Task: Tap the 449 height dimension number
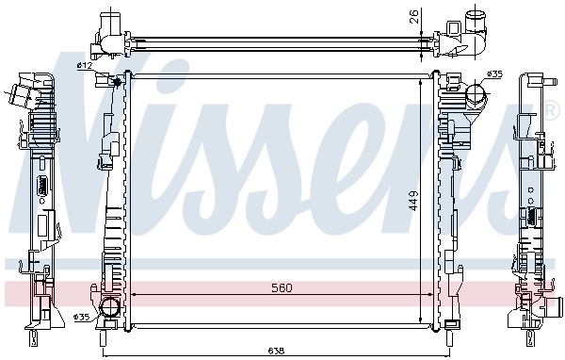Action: (x=412, y=201)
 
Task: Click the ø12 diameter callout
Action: (x=84, y=65)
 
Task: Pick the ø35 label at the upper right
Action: (x=493, y=74)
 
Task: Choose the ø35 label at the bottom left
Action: (x=82, y=319)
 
